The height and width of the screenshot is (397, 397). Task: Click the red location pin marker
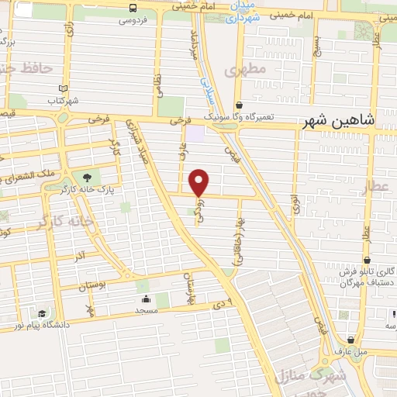(199, 182)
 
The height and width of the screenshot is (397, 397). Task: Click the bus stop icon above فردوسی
(133, 8)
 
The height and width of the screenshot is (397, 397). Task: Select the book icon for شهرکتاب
(63, 88)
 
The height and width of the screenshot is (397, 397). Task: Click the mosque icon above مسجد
(146, 298)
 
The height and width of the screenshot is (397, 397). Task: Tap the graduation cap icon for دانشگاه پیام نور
(40, 313)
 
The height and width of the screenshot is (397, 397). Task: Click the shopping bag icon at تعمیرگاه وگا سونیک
(239, 105)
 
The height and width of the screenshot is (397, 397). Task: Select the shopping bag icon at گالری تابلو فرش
(367, 261)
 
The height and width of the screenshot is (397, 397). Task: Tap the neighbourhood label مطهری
(246, 70)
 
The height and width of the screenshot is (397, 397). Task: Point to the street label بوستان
(93, 286)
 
